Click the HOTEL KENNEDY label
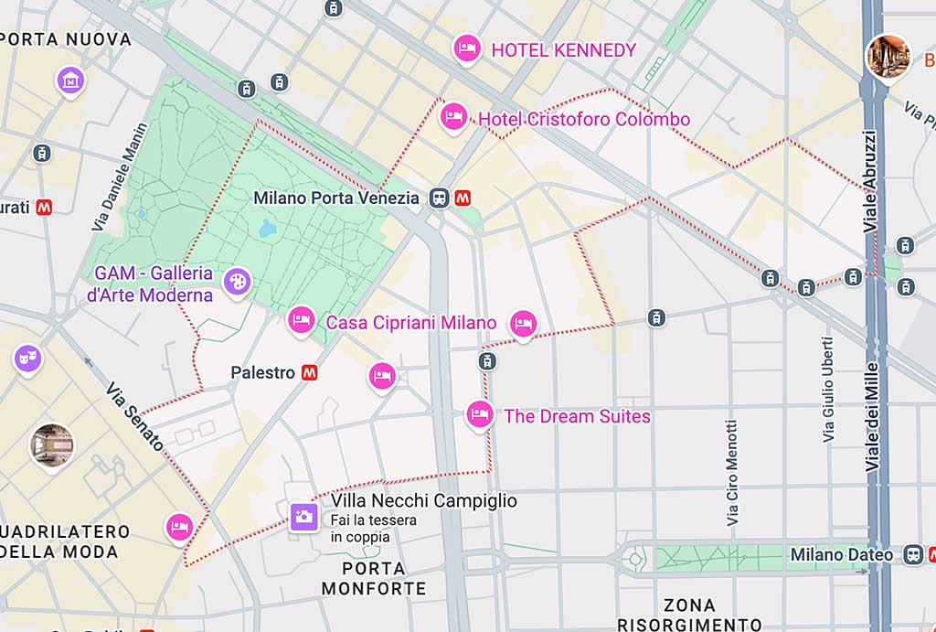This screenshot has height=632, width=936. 563,50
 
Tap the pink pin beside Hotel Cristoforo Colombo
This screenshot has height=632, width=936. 453,117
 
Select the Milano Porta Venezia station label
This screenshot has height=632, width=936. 336,198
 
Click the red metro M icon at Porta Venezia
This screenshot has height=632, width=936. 464,198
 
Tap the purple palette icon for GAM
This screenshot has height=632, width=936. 236,282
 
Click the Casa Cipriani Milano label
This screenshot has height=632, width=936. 410,323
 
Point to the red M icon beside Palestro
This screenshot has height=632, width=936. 310,372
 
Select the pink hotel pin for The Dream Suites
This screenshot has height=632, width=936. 480,414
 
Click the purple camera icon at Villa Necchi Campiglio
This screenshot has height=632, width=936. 303,517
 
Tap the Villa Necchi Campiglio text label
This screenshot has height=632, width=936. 424,501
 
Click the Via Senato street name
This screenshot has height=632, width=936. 134,417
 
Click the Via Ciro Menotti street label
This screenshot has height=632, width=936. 731,472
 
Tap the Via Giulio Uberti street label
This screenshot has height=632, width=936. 828,390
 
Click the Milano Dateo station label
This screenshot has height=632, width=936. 841,555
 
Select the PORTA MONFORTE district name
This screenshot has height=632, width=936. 374,578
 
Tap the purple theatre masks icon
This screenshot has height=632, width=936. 27,358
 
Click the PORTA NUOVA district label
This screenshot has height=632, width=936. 66,40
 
